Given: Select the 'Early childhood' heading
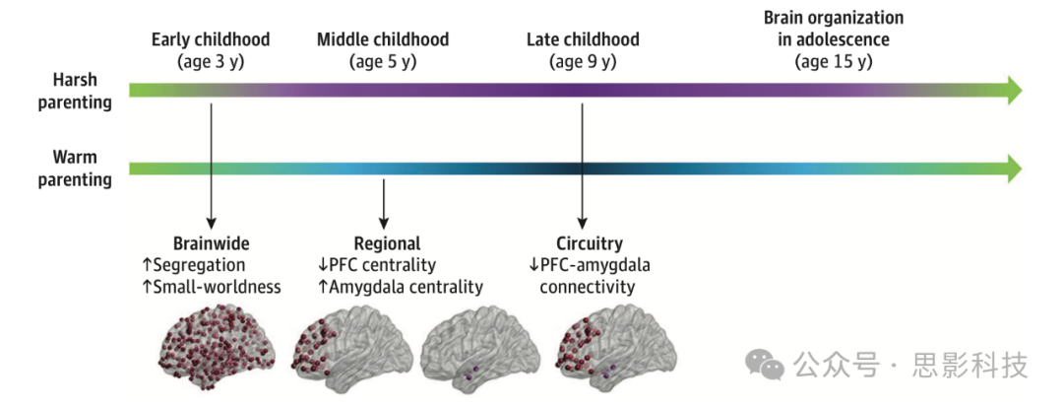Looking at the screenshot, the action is tap(210, 40).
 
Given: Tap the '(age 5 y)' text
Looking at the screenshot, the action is tap(382, 62).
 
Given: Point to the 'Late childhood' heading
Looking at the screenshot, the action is tap(583, 40).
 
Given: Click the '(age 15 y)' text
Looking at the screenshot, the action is tap(834, 62).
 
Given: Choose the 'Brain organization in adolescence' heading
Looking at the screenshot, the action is tap(834, 29).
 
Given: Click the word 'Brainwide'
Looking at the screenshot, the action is tap(211, 243).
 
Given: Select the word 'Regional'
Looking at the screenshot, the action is tap(387, 243).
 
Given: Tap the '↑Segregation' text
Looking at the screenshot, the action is tap(195, 265).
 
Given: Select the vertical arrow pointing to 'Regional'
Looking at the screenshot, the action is tap(384, 202).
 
